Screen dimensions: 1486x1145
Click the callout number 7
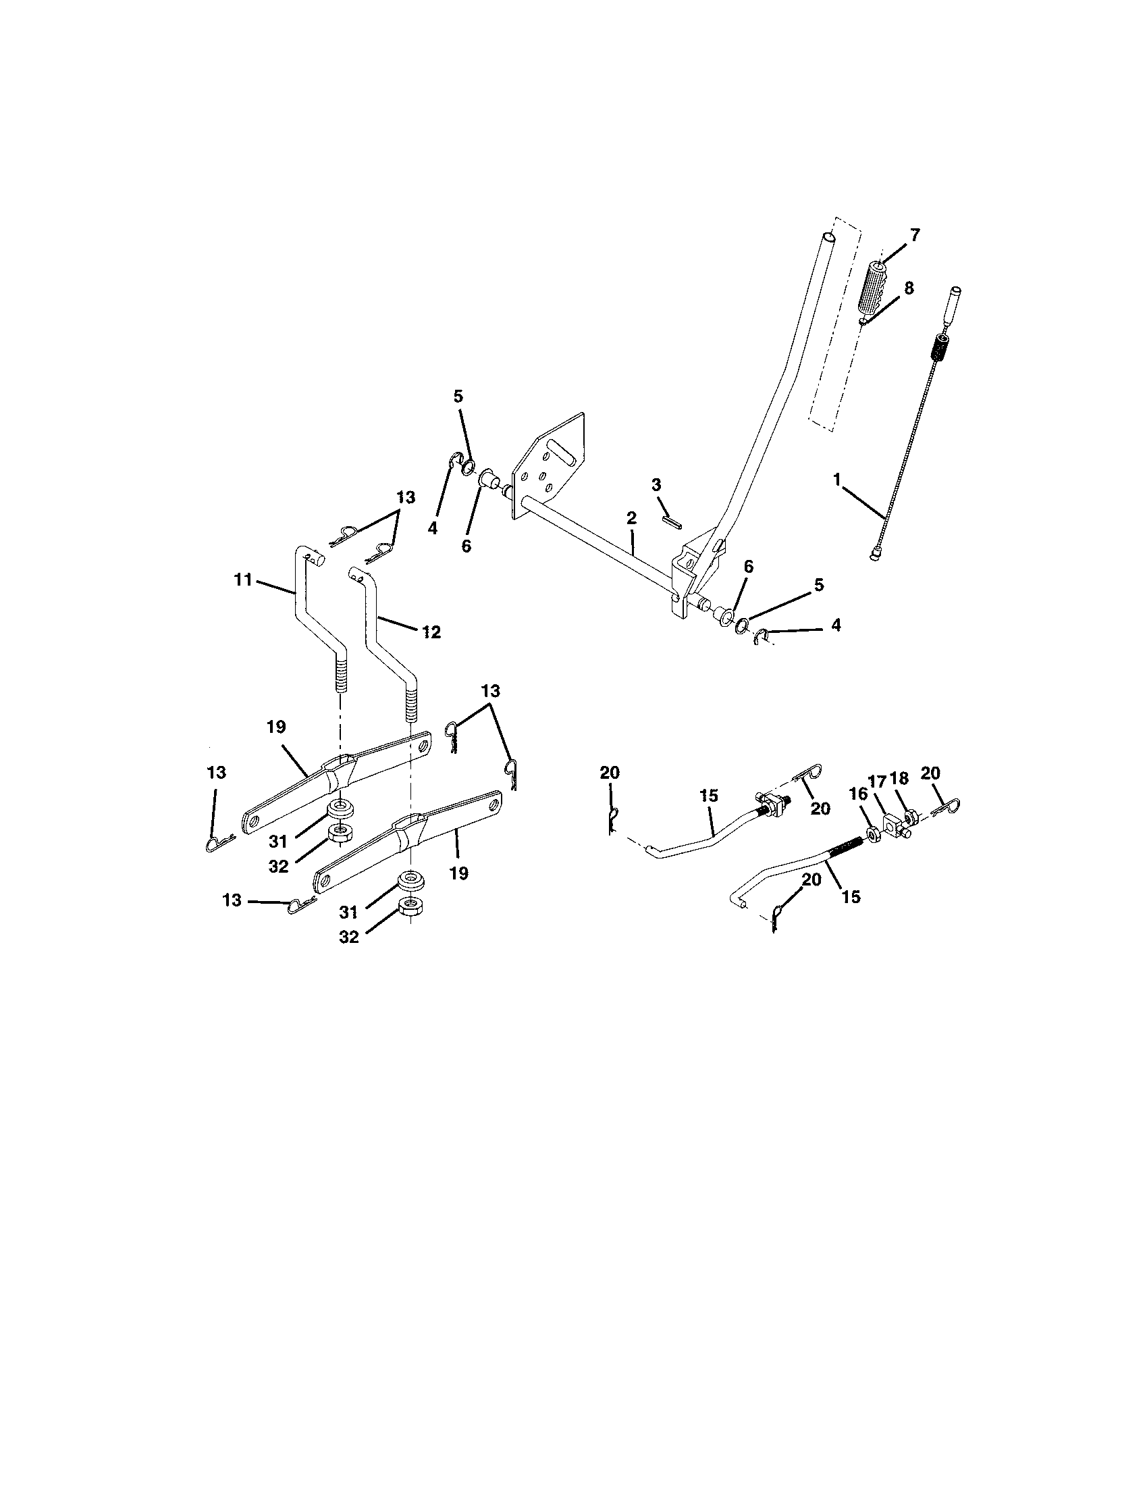tap(915, 236)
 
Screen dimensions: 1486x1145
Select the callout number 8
tap(909, 288)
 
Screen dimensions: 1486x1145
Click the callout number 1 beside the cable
tap(837, 480)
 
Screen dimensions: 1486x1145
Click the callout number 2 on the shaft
tap(631, 518)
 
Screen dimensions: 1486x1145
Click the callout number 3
tap(656, 484)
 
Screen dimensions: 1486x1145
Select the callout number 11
tap(243, 580)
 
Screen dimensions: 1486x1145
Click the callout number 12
tap(431, 632)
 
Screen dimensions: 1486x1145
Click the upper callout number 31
tap(277, 842)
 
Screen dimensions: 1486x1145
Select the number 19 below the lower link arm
tap(459, 873)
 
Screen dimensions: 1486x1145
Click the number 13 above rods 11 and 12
tap(405, 496)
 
